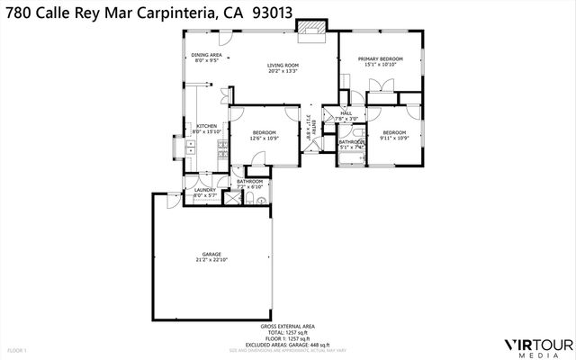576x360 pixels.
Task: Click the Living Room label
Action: pos(283,66)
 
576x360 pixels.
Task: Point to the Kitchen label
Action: pos(207,126)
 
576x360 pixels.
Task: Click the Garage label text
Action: pos(211,255)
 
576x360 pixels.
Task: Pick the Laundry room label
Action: pos(205,191)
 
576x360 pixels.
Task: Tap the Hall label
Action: pos(346,113)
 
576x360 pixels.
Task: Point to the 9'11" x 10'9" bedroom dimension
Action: pos(394,138)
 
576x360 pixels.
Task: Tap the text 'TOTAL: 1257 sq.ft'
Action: pos(288,331)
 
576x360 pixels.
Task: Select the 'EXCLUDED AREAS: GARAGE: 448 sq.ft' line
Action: pos(288,344)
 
